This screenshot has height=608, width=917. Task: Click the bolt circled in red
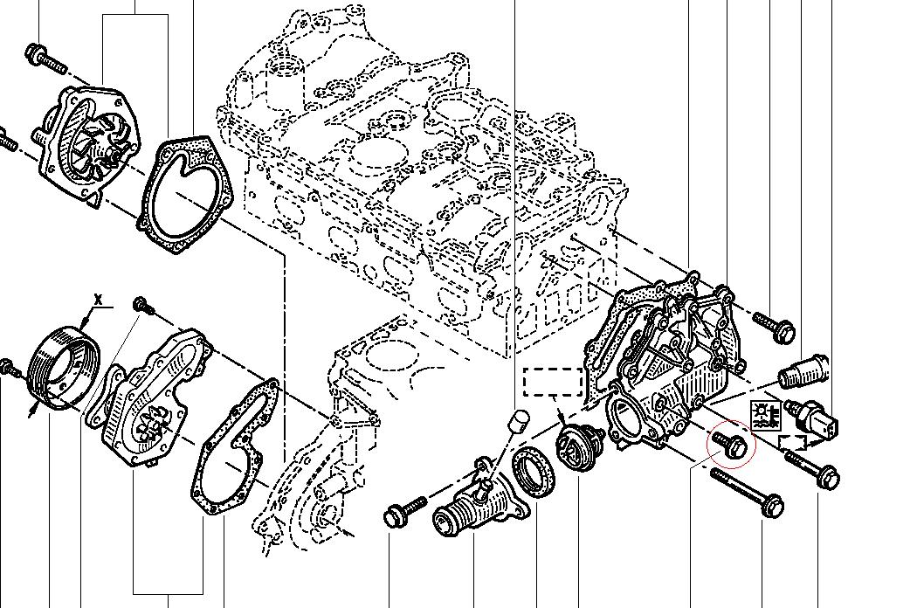731,445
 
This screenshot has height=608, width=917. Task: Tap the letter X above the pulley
98,300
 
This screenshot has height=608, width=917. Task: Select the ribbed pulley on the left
63,365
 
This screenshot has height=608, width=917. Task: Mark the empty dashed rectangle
552,383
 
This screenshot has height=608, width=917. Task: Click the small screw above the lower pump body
142,306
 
